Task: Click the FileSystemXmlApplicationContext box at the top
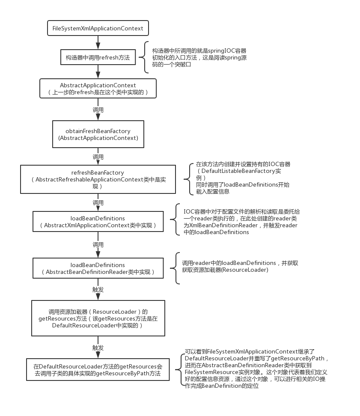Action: [98, 29]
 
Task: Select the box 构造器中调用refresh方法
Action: [98, 57]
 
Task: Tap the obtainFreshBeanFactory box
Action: [98, 134]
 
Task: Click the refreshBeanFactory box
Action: [98, 179]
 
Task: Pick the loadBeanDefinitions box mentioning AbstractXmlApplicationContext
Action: [98, 222]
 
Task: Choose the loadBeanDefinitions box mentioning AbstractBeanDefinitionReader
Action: [98, 268]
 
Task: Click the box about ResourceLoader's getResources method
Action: [98, 318]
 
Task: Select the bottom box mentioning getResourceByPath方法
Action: [98, 370]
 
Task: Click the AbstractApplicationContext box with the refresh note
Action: [98, 89]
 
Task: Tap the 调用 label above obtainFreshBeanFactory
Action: [98, 110]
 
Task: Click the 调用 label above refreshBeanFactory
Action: [98, 157]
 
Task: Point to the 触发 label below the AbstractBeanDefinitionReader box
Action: [98, 289]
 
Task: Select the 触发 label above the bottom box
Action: [98, 348]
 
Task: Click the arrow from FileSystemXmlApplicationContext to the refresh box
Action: [98, 42]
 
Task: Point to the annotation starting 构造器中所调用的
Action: [199, 57]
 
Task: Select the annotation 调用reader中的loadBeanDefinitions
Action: [240, 266]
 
